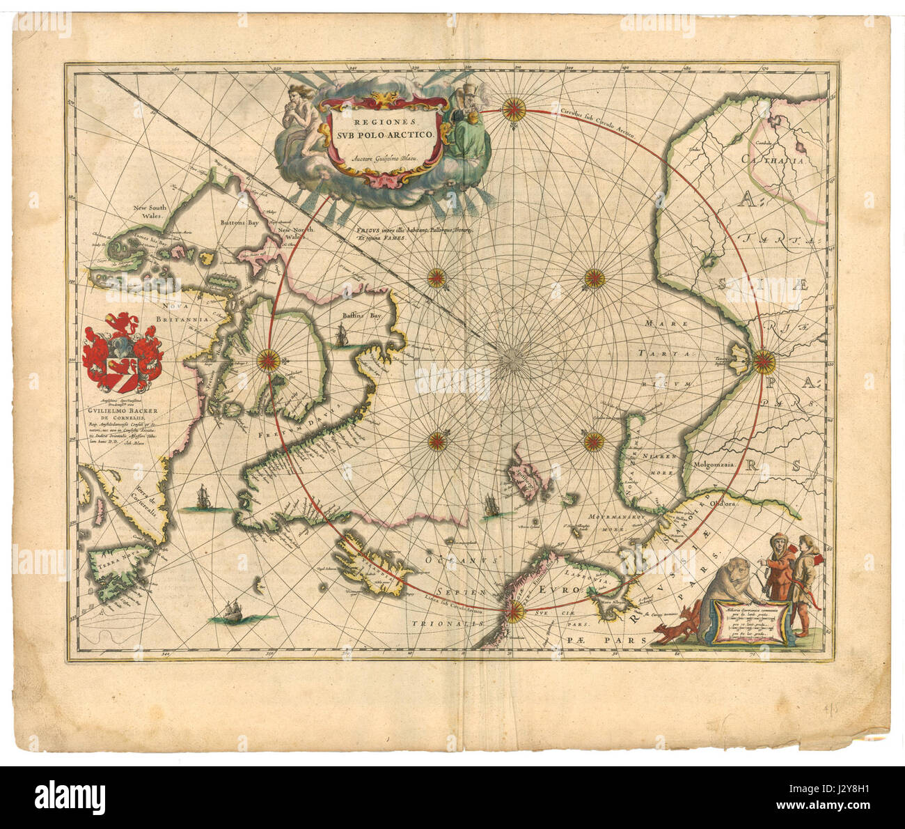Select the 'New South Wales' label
tap(152, 211)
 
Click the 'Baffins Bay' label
tap(362, 316)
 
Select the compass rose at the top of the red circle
tap(514, 108)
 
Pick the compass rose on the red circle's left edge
tap(268, 360)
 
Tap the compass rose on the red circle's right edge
tap(762, 360)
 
